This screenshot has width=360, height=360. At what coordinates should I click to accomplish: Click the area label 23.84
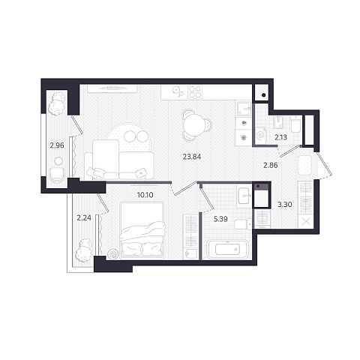[x=192, y=157]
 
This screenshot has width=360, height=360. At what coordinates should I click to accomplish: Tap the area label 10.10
[x=145, y=195]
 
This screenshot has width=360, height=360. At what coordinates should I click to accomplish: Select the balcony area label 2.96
[x=57, y=145]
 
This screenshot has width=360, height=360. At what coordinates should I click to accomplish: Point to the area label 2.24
[x=84, y=218]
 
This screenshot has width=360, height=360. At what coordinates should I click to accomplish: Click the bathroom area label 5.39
[x=220, y=219]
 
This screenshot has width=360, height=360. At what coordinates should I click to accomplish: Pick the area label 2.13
[x=281, y=137]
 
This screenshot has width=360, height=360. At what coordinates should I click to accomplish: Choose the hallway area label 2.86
[x=271, y=165]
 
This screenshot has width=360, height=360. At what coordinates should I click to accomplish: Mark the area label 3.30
[x=285, y=205]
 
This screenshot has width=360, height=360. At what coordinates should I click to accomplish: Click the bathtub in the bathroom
[x=227, y=249]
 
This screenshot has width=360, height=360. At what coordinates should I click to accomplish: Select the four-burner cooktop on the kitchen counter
[x=194, y=91]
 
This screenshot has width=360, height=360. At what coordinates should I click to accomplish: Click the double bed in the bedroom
[x=142, y=230]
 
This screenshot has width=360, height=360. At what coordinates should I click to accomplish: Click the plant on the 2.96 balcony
[x=57, y=103]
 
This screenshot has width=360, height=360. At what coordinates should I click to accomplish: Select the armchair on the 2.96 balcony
[x=57, y=175]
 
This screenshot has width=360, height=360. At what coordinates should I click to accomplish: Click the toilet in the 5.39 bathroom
[x=243, y=224]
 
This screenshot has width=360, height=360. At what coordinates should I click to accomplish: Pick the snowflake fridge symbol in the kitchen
[x=243, y=138]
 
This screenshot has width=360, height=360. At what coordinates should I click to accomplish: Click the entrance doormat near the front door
[x=304, y=165]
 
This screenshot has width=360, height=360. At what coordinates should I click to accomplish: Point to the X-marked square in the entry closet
[x=305, y=222]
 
